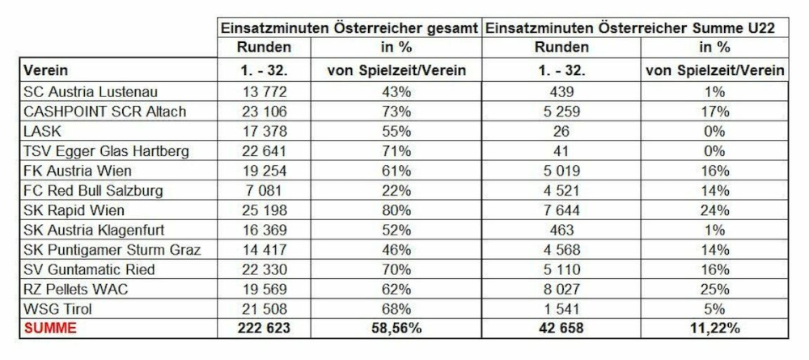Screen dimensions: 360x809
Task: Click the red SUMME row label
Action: click(49, 327)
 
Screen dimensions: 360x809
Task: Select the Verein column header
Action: click(44, 70)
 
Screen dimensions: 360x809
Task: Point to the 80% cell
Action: click(396, 210)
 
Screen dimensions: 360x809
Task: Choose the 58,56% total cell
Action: click(396, 327)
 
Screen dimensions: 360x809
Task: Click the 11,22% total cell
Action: click(714, 327)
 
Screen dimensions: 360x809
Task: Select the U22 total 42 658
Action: click(561, 327)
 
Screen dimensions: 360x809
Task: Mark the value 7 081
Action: click(265, 191)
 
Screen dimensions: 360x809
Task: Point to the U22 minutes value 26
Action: click(561, 130)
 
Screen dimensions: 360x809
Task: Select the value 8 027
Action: click(561, 289)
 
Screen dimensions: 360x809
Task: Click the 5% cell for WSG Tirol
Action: click(714, 308)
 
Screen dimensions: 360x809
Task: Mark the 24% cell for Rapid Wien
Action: click(714, 210)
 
